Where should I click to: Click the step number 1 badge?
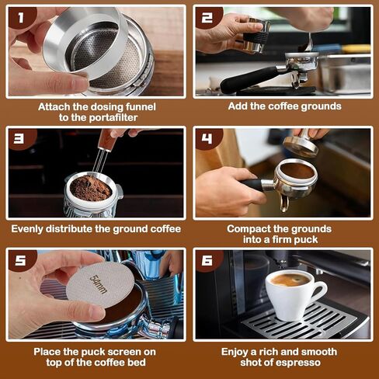pos(21,18)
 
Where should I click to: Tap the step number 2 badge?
pos(207,18)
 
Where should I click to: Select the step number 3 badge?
pos(21,139)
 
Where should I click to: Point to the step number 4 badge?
pos(207,139)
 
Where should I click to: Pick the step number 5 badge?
pos(21,260)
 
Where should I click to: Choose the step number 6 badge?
pos(207,260)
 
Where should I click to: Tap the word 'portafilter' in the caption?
pos(113,117)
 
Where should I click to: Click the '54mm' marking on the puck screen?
pos(99,284)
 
